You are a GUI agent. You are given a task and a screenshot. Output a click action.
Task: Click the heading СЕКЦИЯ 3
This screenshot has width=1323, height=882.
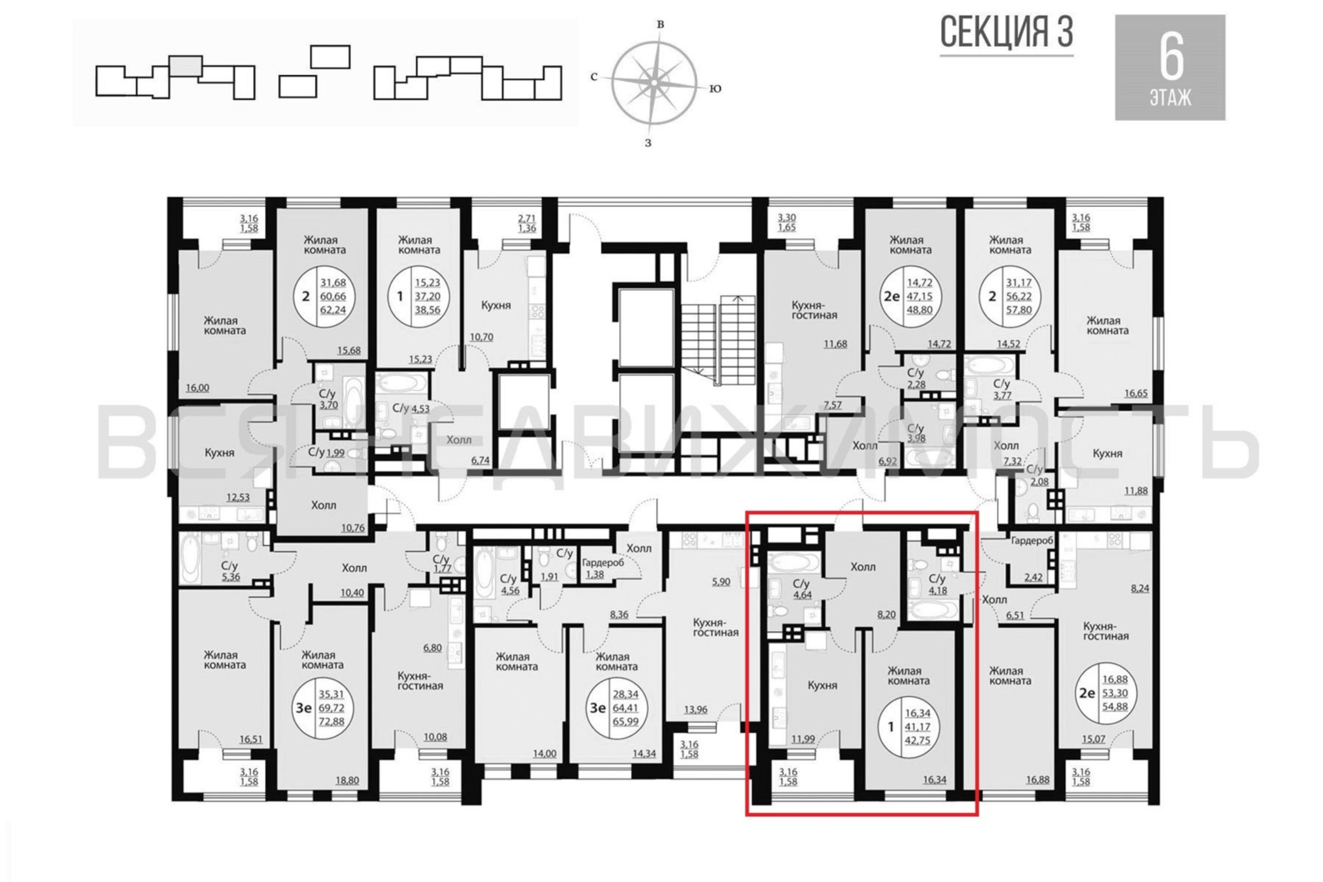point(1006,32)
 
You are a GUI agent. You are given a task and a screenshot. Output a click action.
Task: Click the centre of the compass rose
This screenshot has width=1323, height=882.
point(654,82)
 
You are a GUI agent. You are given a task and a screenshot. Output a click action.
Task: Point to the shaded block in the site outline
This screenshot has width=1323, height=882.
point(186,66)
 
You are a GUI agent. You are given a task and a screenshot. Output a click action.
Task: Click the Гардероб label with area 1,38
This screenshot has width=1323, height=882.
point(602,562)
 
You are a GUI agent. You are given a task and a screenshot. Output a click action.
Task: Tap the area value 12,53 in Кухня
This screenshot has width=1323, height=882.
point(238,497)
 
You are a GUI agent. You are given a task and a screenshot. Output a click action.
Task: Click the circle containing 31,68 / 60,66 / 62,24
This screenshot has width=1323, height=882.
point(323,296)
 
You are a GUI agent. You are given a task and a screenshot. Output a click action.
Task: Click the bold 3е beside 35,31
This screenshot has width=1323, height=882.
point(304,708)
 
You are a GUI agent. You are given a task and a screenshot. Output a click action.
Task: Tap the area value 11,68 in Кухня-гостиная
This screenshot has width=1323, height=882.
point(835,344)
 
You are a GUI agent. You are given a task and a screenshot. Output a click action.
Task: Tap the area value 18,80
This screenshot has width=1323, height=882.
point(347,781)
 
